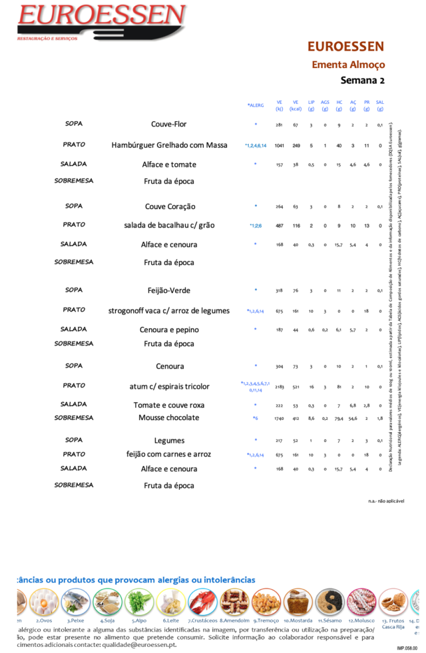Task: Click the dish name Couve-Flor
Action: pos(169,124)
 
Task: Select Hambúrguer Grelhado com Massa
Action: pos(169,145)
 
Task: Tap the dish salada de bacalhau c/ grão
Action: pos(169,225)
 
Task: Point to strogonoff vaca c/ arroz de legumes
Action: pos(169,311)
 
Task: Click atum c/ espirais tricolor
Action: pos(169,387)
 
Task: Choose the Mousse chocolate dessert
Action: pos(169,418)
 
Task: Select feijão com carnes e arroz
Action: pos(169,455)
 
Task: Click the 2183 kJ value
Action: pos(280,387)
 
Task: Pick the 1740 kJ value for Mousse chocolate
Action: pos(280,418)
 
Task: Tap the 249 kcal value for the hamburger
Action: pos(296,145)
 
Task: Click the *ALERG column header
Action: pos(256,105)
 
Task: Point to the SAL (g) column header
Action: pos(380,105)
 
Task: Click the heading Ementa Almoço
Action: pos(348,65)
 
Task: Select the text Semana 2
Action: pos(363,81)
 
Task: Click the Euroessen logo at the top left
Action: pos(100,21)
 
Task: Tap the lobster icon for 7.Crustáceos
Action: pos(202,602)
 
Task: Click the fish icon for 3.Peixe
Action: pos(75,602)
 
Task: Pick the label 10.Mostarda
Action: pos(298,620)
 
